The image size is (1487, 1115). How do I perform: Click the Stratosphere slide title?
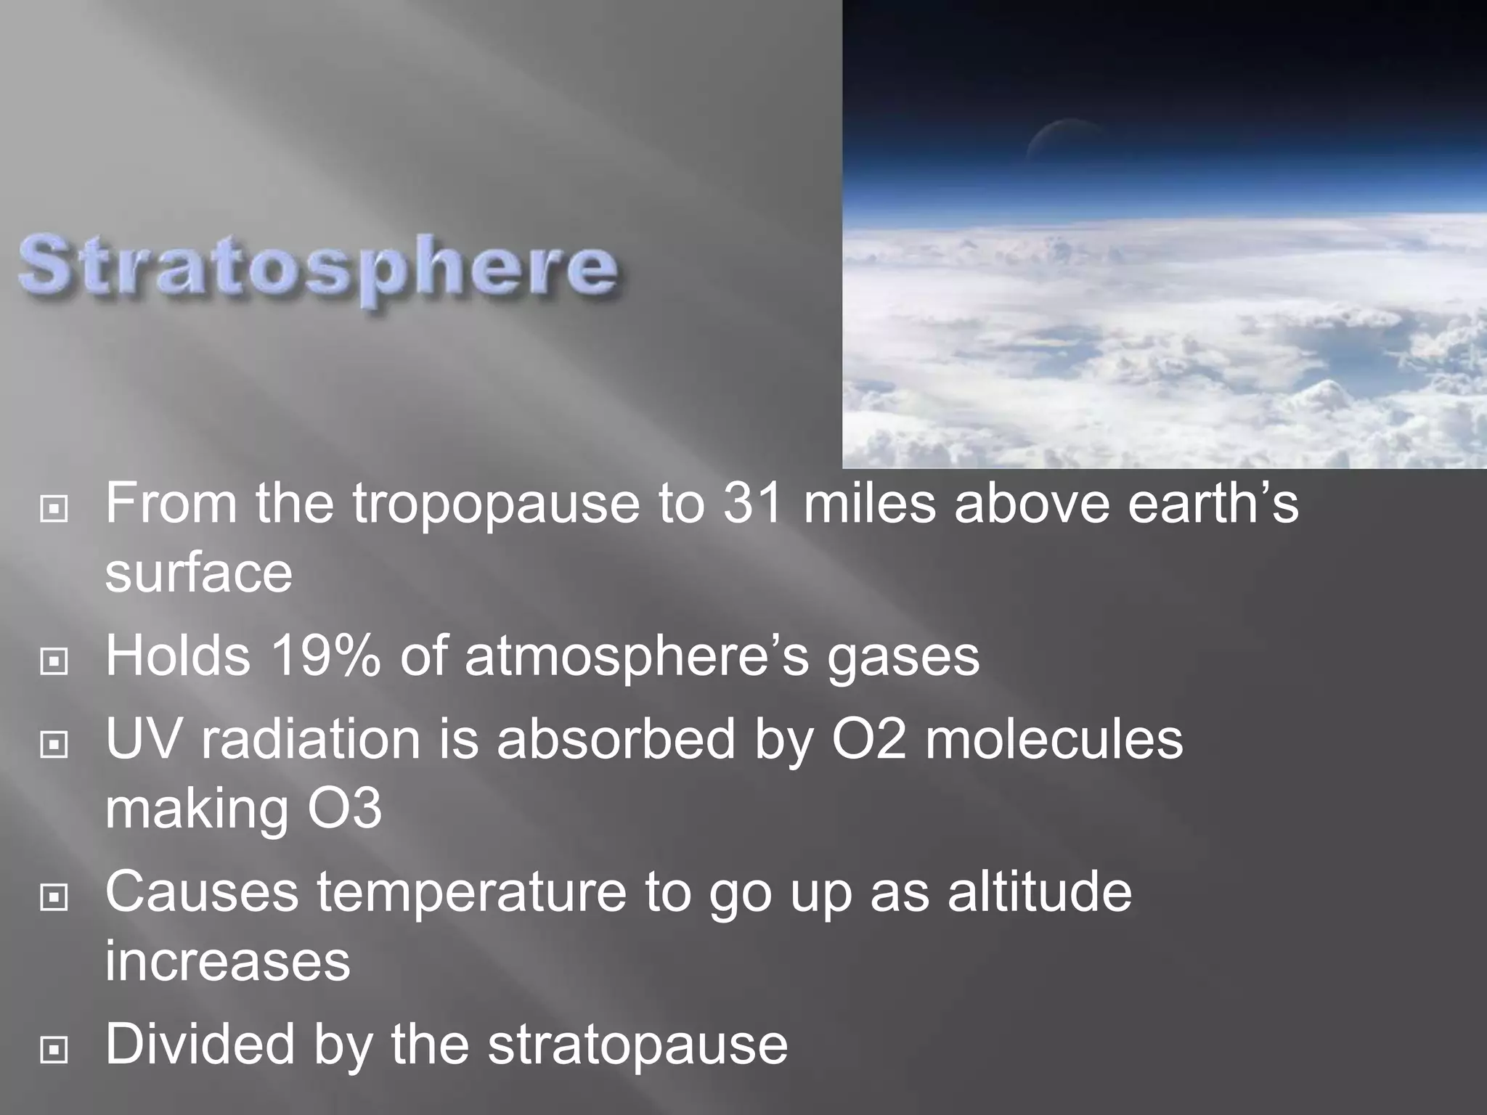(318, 270)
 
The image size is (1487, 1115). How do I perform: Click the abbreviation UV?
(144, 739)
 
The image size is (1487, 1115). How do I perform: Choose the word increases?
(227, 963)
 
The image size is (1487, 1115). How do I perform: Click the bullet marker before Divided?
(54, 1050)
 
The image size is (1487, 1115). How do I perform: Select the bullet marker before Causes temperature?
(54, 897)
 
